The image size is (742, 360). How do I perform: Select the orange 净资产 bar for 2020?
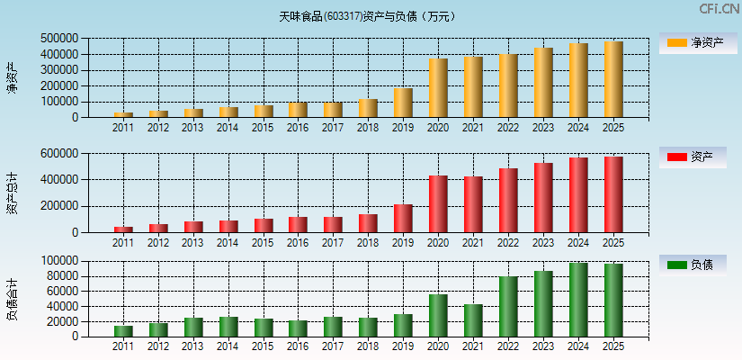(438, 88)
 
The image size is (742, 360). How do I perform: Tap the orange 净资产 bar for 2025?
(613, 79)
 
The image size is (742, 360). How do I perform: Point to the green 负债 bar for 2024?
(578, 300)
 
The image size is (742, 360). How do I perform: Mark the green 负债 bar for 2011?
(123, 331)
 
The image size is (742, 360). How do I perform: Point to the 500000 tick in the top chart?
(58, 39)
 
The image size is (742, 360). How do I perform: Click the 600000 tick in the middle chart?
(58, 154)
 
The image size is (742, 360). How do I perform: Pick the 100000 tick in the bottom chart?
(58, 261)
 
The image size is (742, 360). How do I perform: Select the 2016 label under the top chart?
(298, 128)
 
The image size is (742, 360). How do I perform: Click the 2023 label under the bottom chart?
(543, 346)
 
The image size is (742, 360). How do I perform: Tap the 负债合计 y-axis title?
(13, 299)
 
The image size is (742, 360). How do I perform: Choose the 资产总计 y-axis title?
(13, 193)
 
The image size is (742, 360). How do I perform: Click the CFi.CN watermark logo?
(719, 9)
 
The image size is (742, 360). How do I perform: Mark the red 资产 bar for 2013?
(193, 227)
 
